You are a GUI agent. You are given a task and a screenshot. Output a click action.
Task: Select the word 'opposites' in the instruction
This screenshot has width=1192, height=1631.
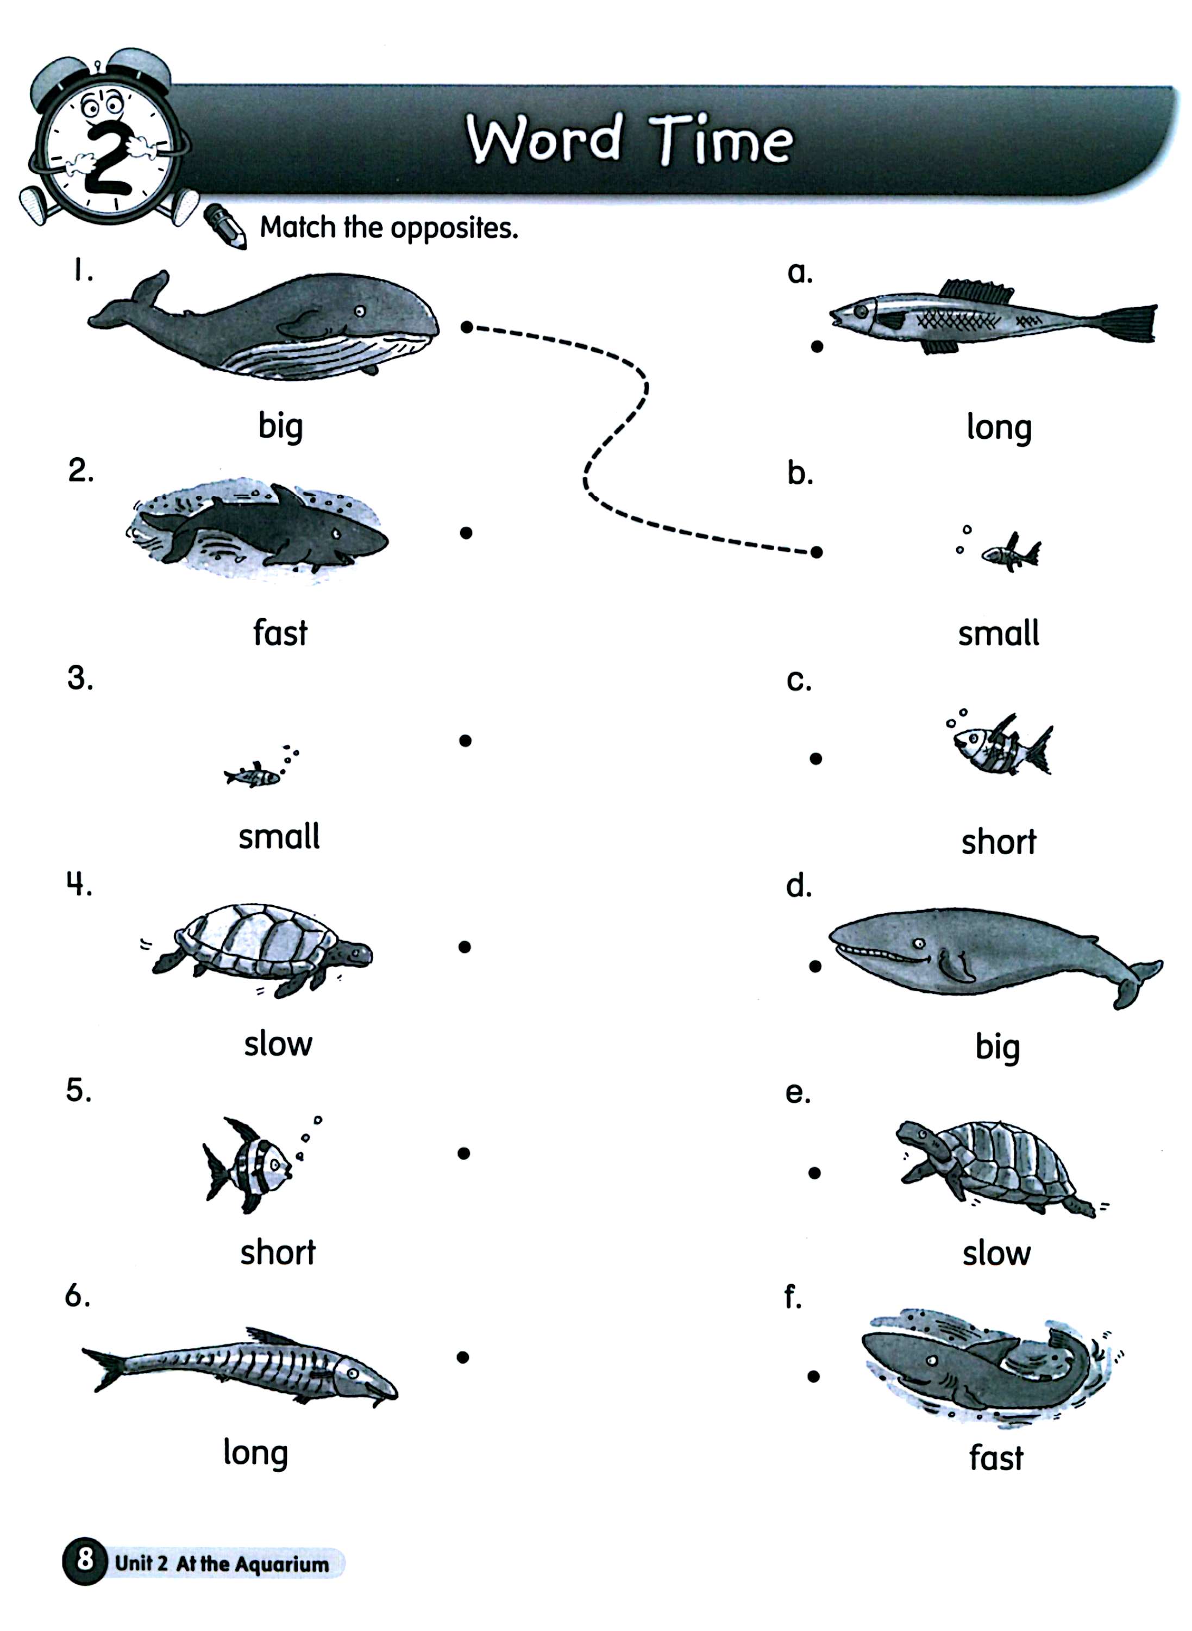click(x=455, y=229)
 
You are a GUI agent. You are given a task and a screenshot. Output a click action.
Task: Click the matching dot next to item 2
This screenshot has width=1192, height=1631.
click(x=466, y=533)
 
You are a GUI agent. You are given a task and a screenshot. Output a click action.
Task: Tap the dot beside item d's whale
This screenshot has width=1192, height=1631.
click(x=815, y=967)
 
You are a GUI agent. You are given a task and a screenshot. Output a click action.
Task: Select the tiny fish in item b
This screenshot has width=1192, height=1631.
click(x=1010, y=553)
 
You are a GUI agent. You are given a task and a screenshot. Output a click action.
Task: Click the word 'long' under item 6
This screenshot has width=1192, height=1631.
click(x=255, y=1453)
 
